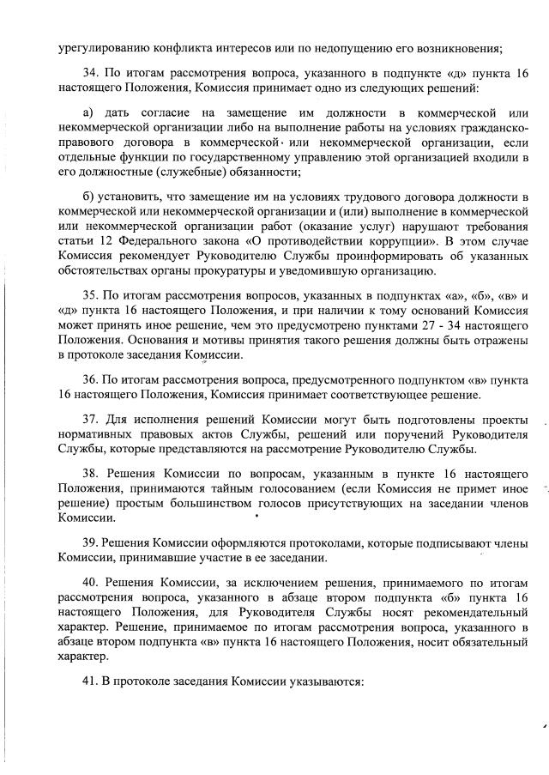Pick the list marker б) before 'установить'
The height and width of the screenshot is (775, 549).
coord(88,199)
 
